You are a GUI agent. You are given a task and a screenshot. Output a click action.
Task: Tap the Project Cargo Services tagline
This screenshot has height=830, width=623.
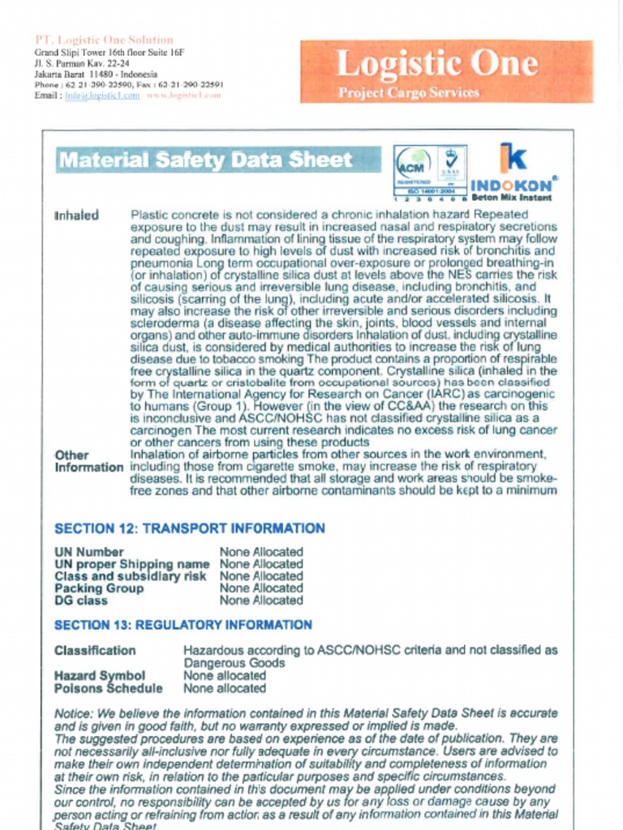click(408, 92)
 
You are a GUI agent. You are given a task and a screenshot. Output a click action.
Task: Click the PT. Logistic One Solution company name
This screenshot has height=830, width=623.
click(104, 40)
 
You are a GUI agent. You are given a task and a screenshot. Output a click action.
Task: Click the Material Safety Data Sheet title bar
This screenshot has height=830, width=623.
click(217, 160)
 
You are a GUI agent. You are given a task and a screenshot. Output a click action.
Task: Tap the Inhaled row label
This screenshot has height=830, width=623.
click(76, 216)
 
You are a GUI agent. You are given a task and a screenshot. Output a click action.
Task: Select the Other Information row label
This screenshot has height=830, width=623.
click(88, 461)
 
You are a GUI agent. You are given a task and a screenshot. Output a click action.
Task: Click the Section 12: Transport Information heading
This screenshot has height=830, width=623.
click(189, 528)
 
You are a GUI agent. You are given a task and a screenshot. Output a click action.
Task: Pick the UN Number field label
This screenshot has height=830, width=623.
click(88, 552)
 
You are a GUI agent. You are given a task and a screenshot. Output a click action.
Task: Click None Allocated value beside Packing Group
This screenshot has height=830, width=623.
click(261, 588)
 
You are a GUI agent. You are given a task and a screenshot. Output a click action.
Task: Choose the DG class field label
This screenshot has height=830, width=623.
click(80, 601)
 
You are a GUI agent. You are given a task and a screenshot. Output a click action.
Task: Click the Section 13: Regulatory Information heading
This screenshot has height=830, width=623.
click(183, 625)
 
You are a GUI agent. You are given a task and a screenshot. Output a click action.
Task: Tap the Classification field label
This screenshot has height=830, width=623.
click(95, 650)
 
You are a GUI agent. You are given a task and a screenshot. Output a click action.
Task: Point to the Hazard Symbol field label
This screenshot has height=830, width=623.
click(99, 675)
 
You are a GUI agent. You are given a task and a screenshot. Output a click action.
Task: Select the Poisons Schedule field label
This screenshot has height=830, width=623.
click(108, 688)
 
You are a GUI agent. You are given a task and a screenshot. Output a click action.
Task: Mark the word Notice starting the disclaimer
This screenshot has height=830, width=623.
click(72, 713)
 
